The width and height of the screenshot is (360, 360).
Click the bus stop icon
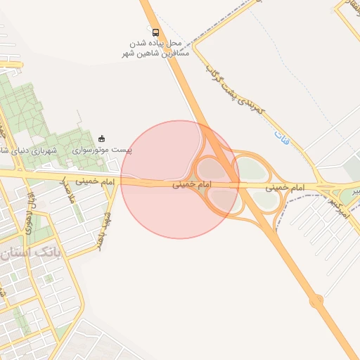pos(155,32)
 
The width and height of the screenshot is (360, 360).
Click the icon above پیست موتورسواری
pos(103,138)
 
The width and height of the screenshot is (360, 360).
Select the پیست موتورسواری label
pos(103,150)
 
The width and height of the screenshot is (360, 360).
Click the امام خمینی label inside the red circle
pos(191,185)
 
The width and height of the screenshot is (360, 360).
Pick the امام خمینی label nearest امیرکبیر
pos(285,188)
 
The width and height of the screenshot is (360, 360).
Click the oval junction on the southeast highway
pos(316,301)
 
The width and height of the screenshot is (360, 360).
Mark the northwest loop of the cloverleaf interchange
pos(212,169)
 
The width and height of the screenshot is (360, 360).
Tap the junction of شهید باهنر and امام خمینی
pos(116,182)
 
